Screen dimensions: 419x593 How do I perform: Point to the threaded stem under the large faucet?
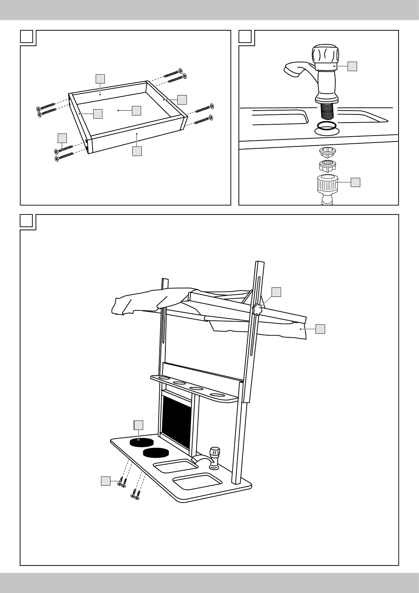point(326,112)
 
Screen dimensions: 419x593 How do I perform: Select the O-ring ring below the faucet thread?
point(326,126)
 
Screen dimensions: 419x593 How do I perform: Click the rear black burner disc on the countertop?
point(141,442)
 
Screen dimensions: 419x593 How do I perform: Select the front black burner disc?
point(156,452)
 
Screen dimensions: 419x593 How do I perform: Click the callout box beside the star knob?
point(277,292)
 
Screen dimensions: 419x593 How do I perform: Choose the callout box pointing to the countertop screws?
point(106,481)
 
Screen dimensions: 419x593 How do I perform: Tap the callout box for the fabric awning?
point(320,329)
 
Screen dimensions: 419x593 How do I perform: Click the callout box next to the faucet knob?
point(352,66)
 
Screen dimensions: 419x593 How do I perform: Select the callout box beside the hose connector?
point(355,182)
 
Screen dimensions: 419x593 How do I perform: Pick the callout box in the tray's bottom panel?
point(137,111)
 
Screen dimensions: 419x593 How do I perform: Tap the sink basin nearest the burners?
point(176,467)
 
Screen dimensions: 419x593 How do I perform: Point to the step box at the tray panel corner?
point(26,36)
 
